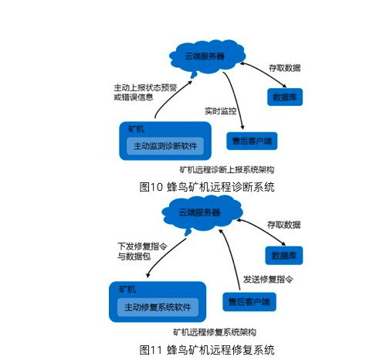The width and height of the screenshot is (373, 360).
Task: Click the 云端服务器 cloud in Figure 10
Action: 207,56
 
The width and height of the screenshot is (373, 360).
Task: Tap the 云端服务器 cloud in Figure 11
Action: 202,213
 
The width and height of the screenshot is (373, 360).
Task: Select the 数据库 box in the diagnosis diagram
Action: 285,97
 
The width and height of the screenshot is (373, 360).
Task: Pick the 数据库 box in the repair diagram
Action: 284,256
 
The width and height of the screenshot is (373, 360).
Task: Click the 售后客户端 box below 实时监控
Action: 252,141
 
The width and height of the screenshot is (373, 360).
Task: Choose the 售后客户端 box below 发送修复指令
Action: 249,302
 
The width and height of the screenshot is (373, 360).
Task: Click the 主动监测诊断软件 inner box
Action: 165,146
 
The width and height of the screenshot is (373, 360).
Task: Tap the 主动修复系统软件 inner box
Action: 158,307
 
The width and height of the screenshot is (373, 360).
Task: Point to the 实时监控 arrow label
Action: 220,111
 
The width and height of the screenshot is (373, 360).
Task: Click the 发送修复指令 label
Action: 268,279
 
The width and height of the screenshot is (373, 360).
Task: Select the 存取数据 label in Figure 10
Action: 284,68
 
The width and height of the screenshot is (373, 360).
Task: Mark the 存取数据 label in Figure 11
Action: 283,225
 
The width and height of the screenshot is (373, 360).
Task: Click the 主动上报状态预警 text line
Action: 145,88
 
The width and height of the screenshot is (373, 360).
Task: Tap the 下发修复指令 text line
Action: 142,246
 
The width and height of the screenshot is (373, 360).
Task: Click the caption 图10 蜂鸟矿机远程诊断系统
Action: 207,187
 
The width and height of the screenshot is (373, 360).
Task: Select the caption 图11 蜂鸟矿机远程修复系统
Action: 207,350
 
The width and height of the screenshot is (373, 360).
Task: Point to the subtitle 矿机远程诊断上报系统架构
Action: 227,170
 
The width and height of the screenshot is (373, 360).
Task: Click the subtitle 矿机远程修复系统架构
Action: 215,332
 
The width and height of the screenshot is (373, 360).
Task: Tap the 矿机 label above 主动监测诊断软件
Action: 136,129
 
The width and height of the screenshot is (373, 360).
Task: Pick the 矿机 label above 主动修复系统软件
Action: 127,289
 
